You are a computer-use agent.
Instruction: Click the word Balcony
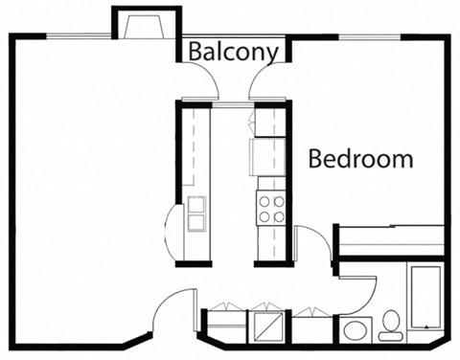pyautogui.click(x=233, y=51)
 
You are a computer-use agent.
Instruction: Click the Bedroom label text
pyautogui.click(x=360, y=159)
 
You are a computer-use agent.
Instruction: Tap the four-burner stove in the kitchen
pyautogui.click(x=270, y=209)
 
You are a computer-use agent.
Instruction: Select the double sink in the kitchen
pyautogui.click(x=196, y=214)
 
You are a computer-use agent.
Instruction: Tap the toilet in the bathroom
pyautogui.click(x=390, y=326)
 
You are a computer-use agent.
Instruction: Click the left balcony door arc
pyautogui.click(x=204, y=88)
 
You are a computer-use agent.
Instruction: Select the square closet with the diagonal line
pyautogui.click(x=267, y=326)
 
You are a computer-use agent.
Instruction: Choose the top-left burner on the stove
pyautogui.click(x=264, y=201)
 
